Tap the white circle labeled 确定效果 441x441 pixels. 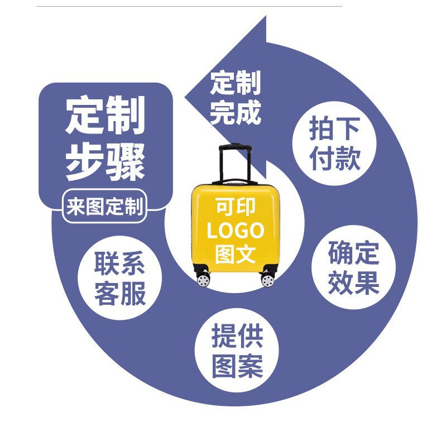click(353, 267)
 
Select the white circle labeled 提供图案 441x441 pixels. click(237, 351)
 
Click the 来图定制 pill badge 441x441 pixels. click(104, 207)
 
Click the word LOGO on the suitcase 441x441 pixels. click(235, 231)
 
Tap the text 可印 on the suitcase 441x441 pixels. click(235, 207)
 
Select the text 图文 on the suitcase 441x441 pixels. click(235, 254)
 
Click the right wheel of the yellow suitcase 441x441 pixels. click(268, 279)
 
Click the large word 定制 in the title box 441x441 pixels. click(105, 114)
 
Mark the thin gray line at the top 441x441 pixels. click(190, 6)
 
